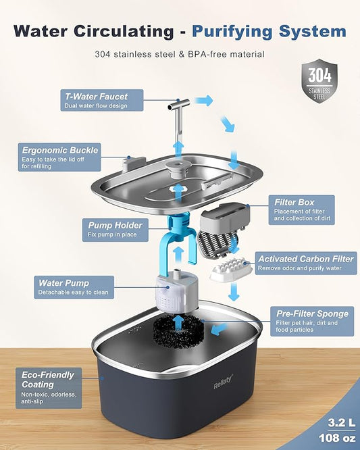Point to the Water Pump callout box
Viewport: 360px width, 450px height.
click(x=73, y=287)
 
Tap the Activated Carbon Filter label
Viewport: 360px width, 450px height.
click(x=306, y=263)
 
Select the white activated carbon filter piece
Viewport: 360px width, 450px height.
click(x=231, y=268)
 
